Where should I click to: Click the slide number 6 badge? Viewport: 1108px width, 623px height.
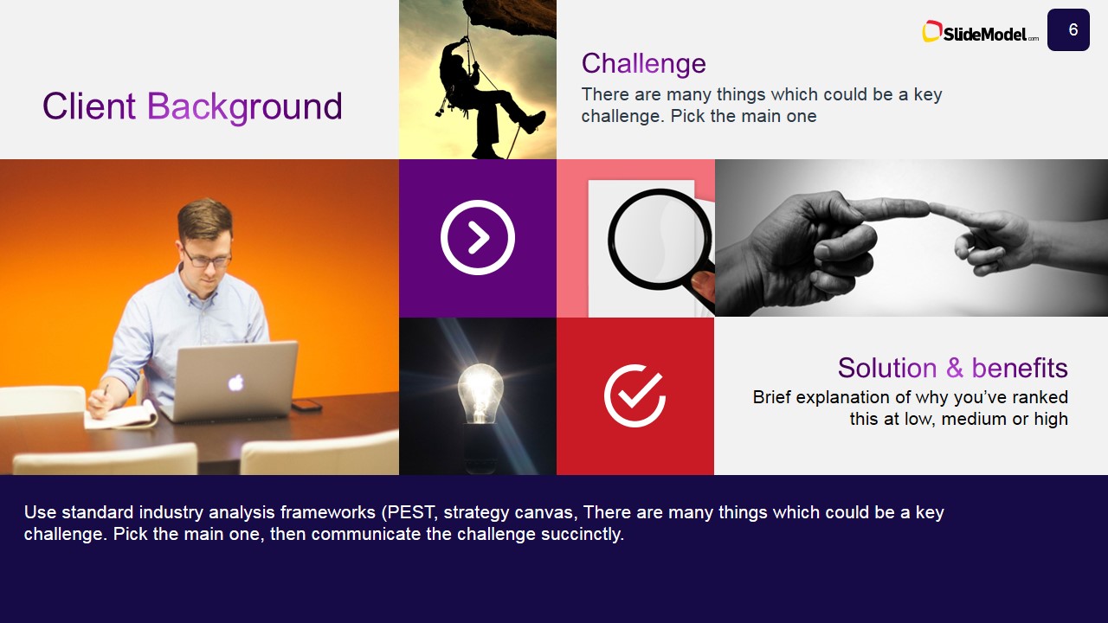point(1068,30)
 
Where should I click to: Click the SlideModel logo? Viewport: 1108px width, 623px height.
point(980,33)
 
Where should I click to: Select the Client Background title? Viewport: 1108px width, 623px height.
point(192,106)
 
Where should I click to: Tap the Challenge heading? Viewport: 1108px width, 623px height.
point(643,63)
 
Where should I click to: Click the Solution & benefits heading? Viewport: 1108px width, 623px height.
point(952,368)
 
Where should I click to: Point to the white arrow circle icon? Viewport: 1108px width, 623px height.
point(478,238)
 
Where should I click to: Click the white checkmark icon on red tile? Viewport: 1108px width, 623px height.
point(635,396)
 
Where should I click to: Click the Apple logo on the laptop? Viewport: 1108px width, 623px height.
point(235,382)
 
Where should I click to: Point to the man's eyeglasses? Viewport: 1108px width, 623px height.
point(207,257)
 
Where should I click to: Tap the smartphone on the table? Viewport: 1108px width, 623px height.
point(306,405)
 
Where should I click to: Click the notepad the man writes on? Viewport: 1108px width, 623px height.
point(121,414)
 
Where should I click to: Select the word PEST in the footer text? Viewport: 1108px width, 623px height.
point(417,512)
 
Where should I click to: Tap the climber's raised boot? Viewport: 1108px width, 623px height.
point(531,120)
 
